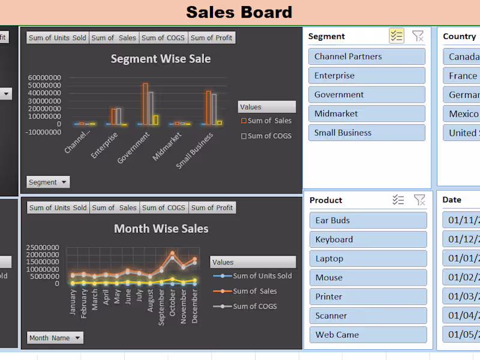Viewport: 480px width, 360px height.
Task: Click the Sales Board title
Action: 239,12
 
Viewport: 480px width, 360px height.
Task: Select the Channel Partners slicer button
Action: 366,56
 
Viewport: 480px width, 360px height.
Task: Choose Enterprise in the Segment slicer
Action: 366,76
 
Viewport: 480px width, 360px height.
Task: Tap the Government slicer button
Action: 366,95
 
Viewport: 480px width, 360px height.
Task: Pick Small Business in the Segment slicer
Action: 366,133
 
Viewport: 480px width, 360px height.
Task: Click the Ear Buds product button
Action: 368,220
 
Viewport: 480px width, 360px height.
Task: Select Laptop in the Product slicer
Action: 368,259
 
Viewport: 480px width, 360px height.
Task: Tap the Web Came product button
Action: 368,335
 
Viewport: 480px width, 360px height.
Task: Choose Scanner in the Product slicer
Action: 368,316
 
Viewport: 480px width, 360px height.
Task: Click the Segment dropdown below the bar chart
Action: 48,182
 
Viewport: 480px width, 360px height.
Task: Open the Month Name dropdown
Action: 55,338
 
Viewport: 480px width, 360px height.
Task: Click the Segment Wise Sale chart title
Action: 161,59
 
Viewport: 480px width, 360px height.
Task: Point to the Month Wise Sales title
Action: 161,229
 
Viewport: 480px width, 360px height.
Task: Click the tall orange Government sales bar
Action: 145,103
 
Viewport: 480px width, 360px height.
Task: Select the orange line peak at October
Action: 172,253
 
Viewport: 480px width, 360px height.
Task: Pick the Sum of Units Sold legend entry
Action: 262,276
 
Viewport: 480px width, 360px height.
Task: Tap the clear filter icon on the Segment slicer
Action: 418,37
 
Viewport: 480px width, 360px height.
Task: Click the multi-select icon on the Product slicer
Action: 398,200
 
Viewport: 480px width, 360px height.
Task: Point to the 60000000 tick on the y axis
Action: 44,78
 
